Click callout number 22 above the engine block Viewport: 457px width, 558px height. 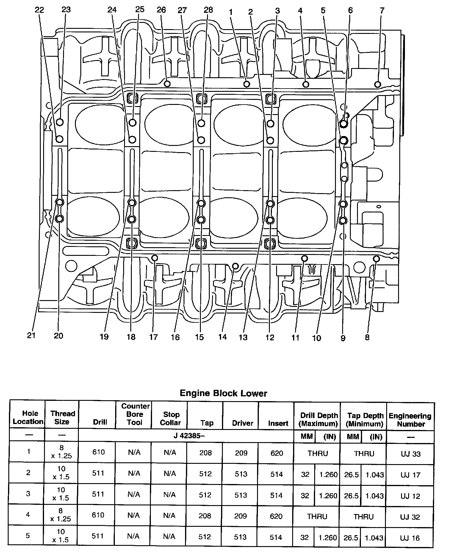pos(39,10)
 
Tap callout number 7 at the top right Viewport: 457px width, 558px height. pos(382,11)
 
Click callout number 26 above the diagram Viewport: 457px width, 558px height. pos(161,10)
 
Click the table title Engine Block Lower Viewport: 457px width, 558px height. pos(223,393)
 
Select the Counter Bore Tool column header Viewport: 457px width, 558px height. pos(135,414)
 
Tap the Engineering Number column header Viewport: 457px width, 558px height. pos(410,420)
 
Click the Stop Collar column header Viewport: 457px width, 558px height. pos(171,418)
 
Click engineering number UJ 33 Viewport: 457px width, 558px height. pos(411,454)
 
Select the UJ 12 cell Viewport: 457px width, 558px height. pos(410,496)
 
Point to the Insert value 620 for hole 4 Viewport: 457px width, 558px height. pos(276,516)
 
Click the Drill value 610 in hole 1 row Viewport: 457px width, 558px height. pos(98,452)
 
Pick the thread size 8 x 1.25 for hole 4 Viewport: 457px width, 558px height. pos(61,515)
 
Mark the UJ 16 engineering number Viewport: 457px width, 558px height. pos(410,538)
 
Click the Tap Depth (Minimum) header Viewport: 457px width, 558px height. pos(364,420)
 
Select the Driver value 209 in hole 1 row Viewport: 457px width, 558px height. pos(241,453)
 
